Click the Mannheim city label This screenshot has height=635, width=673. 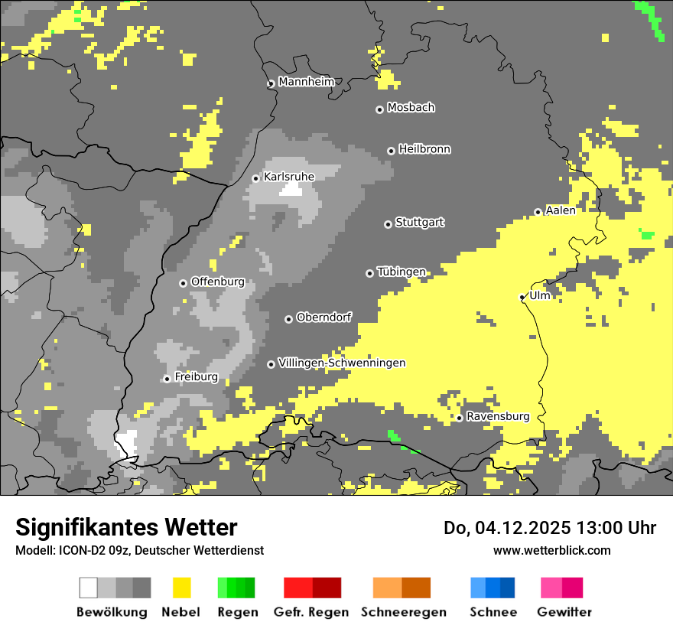[x=306, y=82]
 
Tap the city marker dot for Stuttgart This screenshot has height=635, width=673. [x=388, y=224]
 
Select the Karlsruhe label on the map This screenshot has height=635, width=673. [x=288, y=177]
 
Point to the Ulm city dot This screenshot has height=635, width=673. [x=522, y=297]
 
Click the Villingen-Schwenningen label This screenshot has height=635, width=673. [x=342, y=363]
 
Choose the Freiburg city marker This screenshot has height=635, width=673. [x=167, y=379]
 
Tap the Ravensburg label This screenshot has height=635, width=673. [x=498, y=416]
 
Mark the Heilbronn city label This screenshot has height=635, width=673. [x=424, y=149]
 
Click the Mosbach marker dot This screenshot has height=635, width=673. [x=379, y=109]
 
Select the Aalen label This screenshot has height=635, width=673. [x=561, y=210]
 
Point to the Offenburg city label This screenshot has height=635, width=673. [x=217, y=282]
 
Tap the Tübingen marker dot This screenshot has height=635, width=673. [x=370, y=273]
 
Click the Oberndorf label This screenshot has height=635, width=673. [x=323, y=317]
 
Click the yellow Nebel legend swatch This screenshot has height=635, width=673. [x=182, y=588]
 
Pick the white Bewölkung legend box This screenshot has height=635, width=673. [x=89, y=588]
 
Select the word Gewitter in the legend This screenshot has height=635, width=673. [x=564, y=612]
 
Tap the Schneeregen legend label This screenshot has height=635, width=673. [x=403, y=612]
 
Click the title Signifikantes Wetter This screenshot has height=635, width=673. [x=126, y=527]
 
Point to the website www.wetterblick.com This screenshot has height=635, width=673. [x=551, y=550]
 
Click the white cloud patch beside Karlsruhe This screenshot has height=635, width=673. [x=291, y=189]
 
